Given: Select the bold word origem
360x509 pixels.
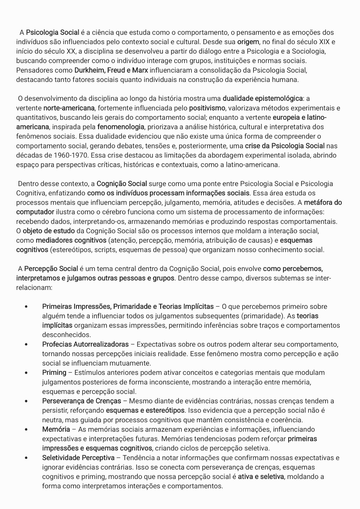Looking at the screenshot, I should (x=248, y=42).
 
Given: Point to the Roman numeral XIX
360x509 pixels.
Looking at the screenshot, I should (x=325, y=42).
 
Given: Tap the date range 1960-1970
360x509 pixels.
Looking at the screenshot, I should (x=70, y=155).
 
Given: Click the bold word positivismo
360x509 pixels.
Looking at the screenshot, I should (x=207, y=108).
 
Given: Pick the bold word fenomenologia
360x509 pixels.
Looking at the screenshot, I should (x=121, y=127).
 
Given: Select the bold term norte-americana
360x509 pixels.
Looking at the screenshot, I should (x=69, y=108).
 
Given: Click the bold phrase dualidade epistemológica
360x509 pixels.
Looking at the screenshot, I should (x=262, y=98).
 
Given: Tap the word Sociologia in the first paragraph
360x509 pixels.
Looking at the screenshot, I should (x=309, y=51).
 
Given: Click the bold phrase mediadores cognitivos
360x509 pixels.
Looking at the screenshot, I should (x=71, y=240).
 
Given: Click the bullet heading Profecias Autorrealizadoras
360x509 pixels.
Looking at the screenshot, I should (x=85, y=345).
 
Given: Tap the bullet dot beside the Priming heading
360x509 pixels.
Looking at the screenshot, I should (x=27, y=373).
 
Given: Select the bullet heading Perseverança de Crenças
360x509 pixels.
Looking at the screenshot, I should (x=82, y=401).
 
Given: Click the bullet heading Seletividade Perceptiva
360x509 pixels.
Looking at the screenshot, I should (x=78, y=458).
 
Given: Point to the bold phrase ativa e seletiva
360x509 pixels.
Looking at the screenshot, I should (x=261, y=477).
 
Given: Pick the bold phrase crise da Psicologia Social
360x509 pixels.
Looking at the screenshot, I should (x=285, y=146).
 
